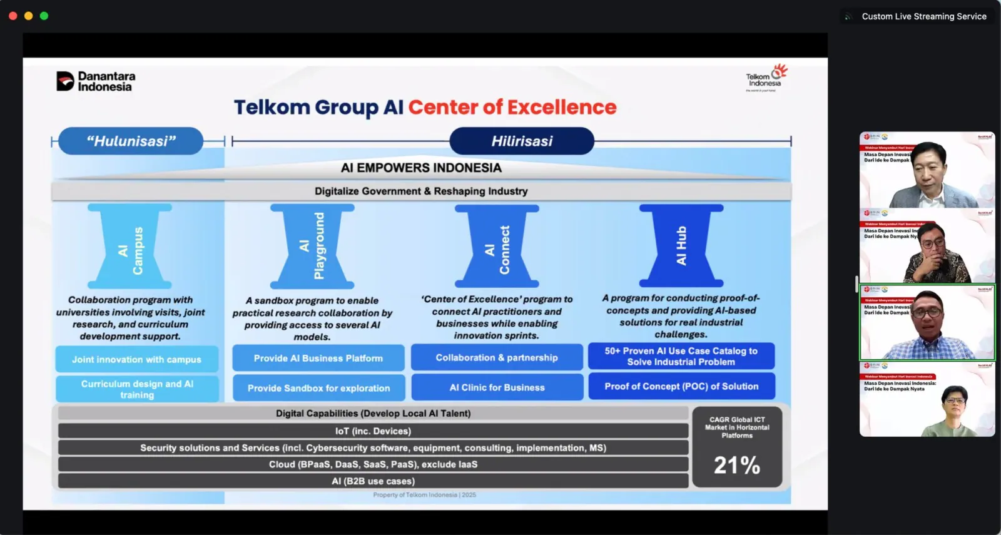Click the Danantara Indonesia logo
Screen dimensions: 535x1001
point(96,81)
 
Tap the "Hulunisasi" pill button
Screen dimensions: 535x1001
point(131,141)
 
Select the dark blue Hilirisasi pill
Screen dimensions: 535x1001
point(522,141)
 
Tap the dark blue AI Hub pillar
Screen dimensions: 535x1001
point(681,246)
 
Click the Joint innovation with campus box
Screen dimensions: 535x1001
point(136,360)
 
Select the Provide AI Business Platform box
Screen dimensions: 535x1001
point(318,359)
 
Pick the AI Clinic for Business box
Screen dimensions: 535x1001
point(497,388)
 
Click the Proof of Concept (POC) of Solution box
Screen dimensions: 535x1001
point(681,387)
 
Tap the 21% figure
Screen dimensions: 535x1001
point(737,466)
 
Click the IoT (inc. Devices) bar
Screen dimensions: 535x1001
point(373,431)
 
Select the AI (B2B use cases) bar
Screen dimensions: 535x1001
point(373,481)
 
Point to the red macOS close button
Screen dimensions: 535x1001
point(13,16)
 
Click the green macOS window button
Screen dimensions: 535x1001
point(44,16)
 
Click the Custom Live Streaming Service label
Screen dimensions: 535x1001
point(923,16)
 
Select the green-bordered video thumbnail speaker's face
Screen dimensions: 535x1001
point(928,311)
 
